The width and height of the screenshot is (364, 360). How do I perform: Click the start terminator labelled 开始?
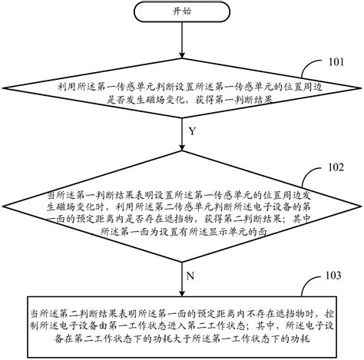coord(181,12)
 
